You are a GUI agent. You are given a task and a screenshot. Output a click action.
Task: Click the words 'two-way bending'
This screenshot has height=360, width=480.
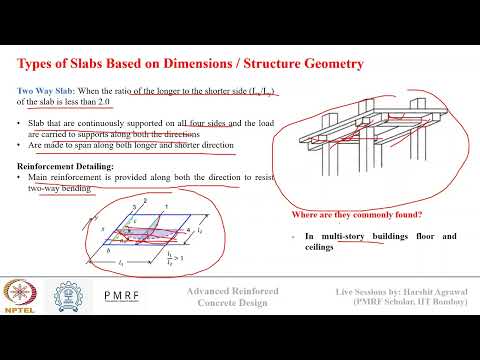pyautogui.click(x=65, y=187)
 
